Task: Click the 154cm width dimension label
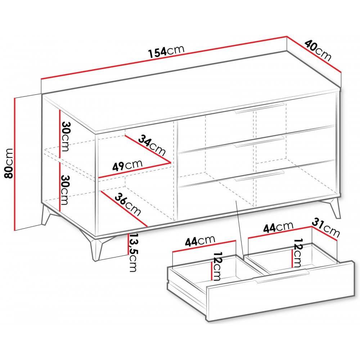click(166, 51)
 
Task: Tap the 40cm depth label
click(318, 51)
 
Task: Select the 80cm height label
click(9, 163)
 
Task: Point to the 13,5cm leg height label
click(133, 252)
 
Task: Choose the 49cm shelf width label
click(127, 165)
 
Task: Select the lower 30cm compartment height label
click(64, 190)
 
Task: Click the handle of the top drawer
click(259, 108)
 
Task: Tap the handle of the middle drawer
click(258, 141)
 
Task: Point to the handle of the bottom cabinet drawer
click(259, 176)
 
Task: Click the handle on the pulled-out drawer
click(280, 276)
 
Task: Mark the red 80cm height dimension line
click(15, 164)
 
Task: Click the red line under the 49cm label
click(135, 170)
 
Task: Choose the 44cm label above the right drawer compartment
click(278, 227)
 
